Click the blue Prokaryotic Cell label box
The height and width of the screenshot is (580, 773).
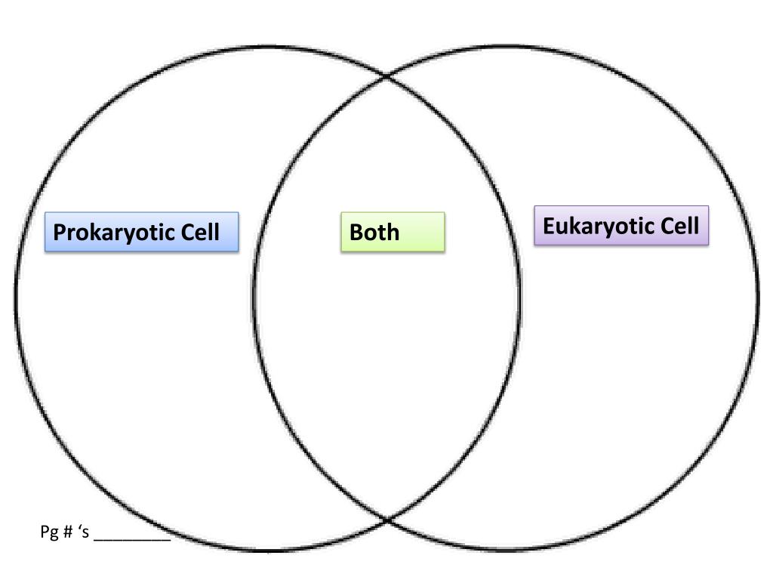[x=142, y=232]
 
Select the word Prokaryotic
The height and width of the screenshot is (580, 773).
[x=114, y=232]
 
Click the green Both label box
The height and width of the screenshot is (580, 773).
[x=393, y=232]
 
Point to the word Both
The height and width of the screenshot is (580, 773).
[x=374, y=232]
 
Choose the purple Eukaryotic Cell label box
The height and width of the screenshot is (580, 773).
[x=621, y=225]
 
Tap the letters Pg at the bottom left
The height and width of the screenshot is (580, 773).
[x=48, y=532]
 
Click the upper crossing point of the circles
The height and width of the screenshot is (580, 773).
[x=387, y=76]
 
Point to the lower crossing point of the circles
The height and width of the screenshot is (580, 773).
[x=387, y=520]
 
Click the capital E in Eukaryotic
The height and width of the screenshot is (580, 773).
[x=549, y=225]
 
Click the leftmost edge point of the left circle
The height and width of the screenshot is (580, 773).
[x=16, y=298]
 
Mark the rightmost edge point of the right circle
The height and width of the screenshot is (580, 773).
[x=759, y=298]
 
